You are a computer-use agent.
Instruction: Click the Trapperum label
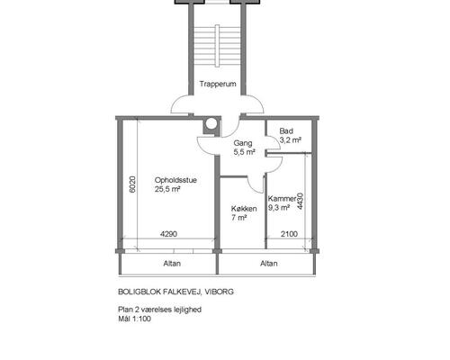pos(218,84)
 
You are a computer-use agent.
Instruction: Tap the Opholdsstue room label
pos(175,180)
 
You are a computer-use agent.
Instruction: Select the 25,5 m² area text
pos(167,189)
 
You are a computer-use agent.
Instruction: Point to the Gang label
pos(243,143)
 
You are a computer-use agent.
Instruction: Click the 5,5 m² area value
pos(245,152)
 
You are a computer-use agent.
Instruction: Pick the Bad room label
pos(286,131)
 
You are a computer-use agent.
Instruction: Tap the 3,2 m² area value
pos(291,139)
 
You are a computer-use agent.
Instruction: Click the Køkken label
pos(244,209)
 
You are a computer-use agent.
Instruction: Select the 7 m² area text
pos(238,218)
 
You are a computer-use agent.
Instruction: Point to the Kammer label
pos(282,199)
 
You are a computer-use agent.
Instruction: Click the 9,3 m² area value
pos(279,208)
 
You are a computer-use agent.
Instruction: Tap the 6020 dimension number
pos(132,184)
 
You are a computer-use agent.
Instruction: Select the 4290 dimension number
pos(168,234)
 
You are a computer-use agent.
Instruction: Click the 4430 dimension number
pos(300,202)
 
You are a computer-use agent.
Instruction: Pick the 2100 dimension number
pos(289,234)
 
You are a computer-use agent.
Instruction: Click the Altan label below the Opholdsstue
pos(172,264)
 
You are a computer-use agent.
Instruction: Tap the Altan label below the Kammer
pos(269,264)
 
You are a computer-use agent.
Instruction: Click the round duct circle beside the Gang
pos(211,123)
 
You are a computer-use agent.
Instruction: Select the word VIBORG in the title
pos(220,292)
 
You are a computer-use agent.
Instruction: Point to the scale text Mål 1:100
pos(134,319)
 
